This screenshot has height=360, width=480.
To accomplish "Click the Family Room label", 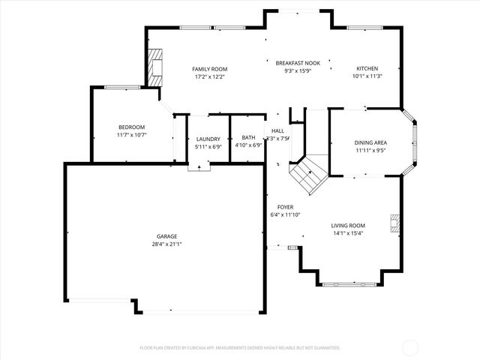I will [x=209, y=68].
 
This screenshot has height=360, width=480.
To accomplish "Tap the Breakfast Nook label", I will [x=297, y=63].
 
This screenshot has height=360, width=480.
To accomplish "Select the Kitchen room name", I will [x=367, y=68].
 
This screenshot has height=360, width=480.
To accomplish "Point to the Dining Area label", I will [x=370, y=142].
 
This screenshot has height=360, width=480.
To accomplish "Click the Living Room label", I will [x=349, y=225].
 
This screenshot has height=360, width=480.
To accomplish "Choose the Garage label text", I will [x=166, y=236].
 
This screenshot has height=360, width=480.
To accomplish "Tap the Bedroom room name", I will [x=131, y=127].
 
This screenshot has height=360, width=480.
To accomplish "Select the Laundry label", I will [x=208, y=139].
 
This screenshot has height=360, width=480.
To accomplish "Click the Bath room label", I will [x=247, y=138].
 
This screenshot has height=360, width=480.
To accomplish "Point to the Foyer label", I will [x=285, y=207].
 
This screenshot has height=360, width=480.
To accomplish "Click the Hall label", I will [x=277, y=130].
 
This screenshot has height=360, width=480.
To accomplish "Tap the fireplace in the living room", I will [x=394, y=222].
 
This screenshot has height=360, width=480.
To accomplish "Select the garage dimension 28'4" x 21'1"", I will [x=166, y=244].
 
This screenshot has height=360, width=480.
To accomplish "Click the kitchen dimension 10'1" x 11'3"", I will [x=367, y=76].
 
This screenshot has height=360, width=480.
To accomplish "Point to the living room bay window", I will [x=349, y=284].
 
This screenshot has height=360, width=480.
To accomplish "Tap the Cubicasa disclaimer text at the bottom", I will [x=240, y=347].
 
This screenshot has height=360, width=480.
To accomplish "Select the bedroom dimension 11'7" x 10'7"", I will [x=131, y=135].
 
